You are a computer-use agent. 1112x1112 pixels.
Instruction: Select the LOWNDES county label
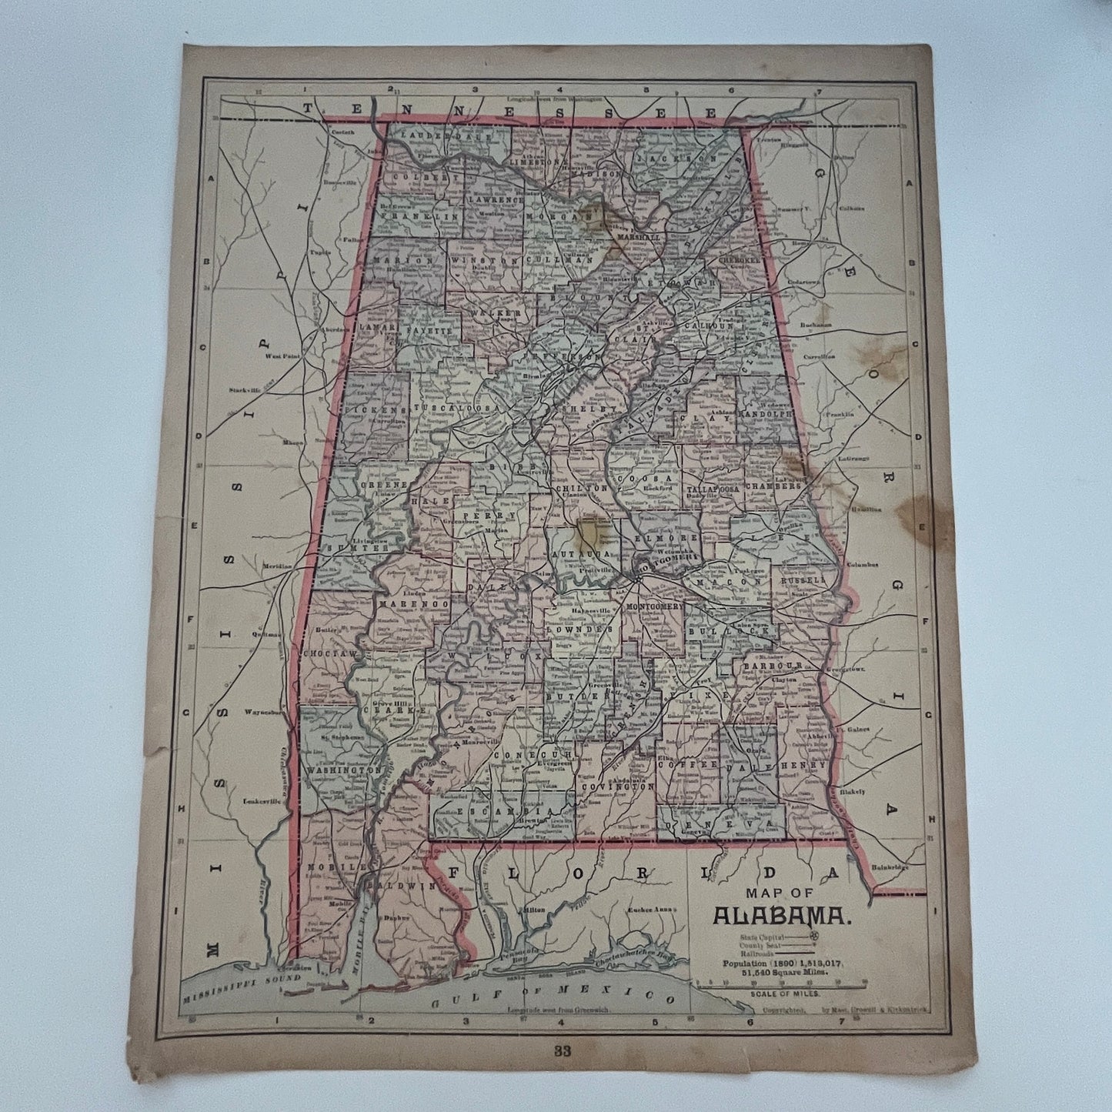pyautogui.click(x=587, y=629)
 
